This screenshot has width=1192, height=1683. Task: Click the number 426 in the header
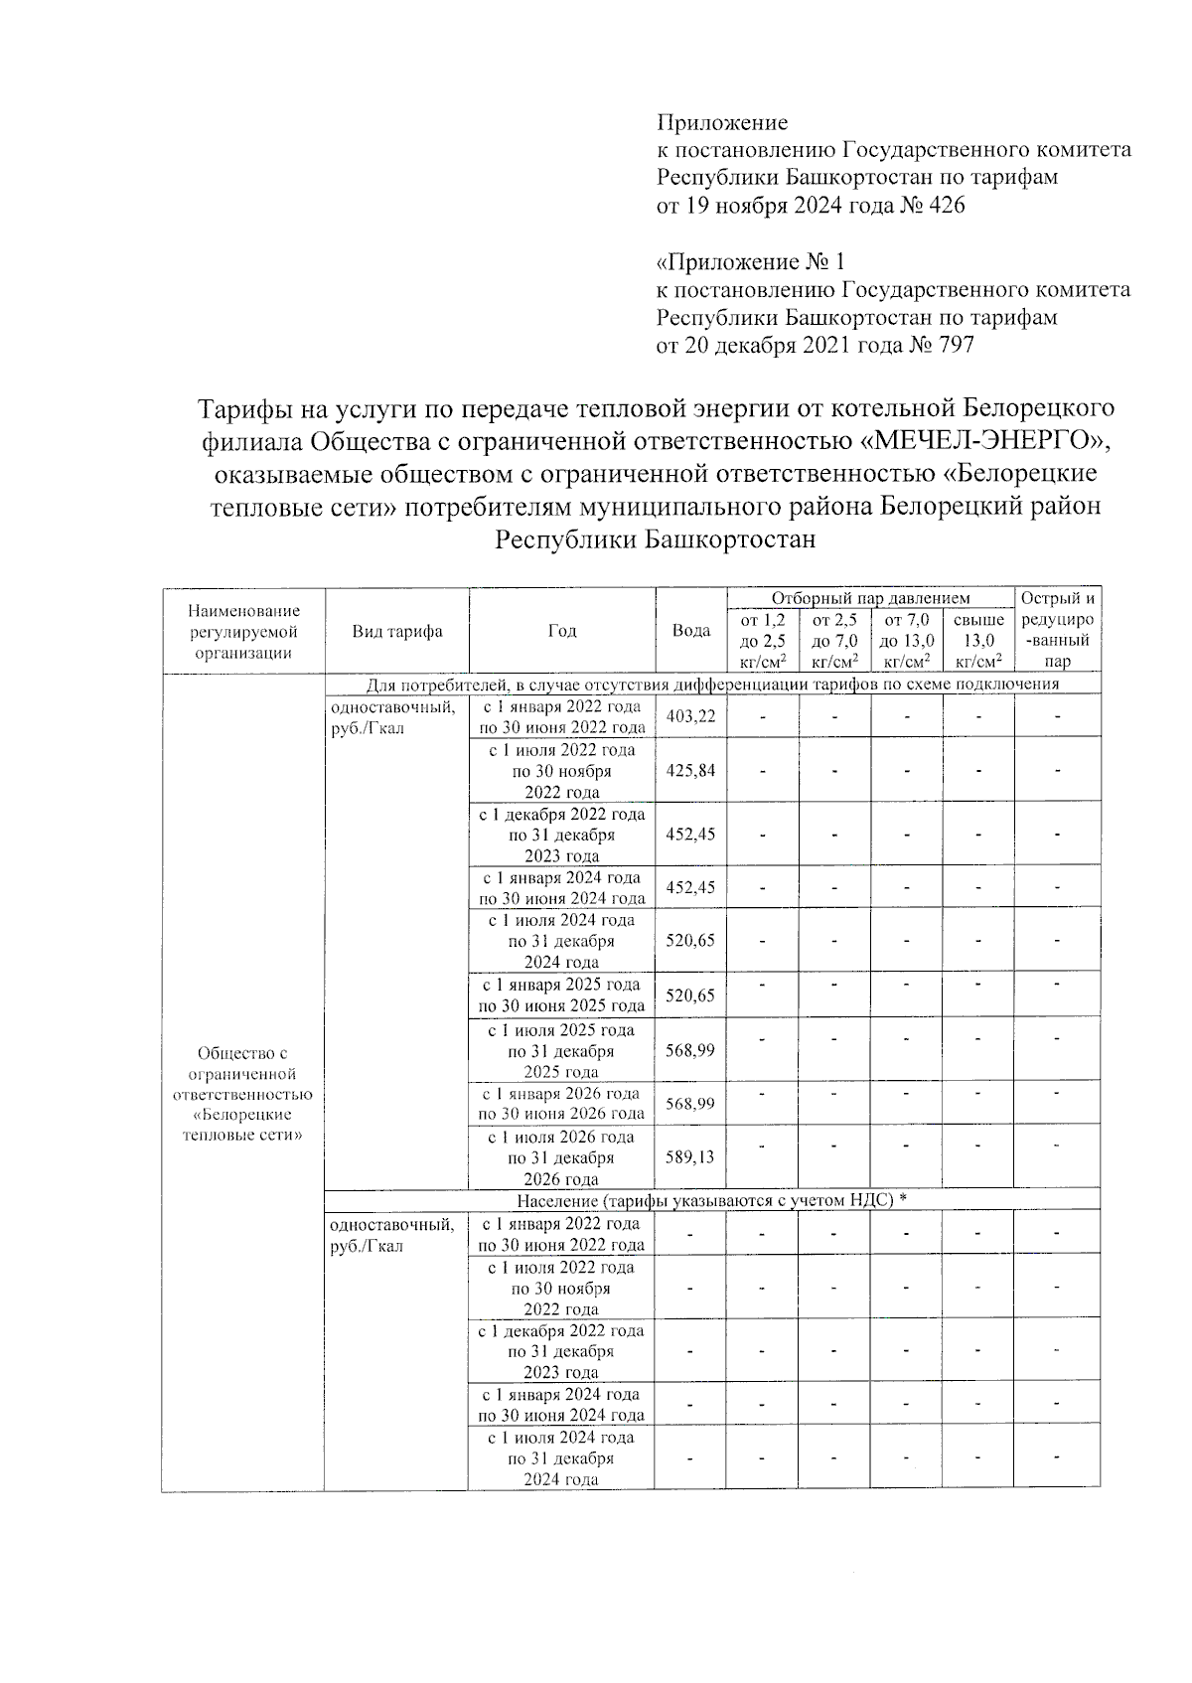[x=945, y=206]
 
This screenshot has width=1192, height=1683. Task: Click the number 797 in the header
[x=955, y=345]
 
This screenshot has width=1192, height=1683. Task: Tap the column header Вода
[x=690, y=631]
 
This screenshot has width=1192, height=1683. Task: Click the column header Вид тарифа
[x=396, y=631]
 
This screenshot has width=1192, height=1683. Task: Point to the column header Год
[x=561, y=631]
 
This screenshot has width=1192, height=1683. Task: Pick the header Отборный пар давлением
[x=870, y=598]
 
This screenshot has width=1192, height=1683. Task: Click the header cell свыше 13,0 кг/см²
[x=977, y=641]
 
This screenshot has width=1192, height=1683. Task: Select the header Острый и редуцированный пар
[x=1057, y=630]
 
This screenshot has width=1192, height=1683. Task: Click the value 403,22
[x=690, y=716]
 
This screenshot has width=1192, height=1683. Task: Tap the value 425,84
[x=690, y=771]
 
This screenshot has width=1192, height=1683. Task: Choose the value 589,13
[x=690, y=1157]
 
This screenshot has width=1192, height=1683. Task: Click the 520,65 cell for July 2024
[x=690, y=941]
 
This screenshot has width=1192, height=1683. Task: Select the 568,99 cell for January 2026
[x=690, y=1104]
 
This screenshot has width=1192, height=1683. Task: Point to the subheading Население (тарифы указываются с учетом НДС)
[x=711, y=1200]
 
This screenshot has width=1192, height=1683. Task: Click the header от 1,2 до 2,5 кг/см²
[x=762, y=641]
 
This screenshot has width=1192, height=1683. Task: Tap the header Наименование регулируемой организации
[x=243, y=631]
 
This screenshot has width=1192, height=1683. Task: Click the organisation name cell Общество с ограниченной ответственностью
[x=243, y=1093]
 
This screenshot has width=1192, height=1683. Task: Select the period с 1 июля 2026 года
[x=561, y=1137]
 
